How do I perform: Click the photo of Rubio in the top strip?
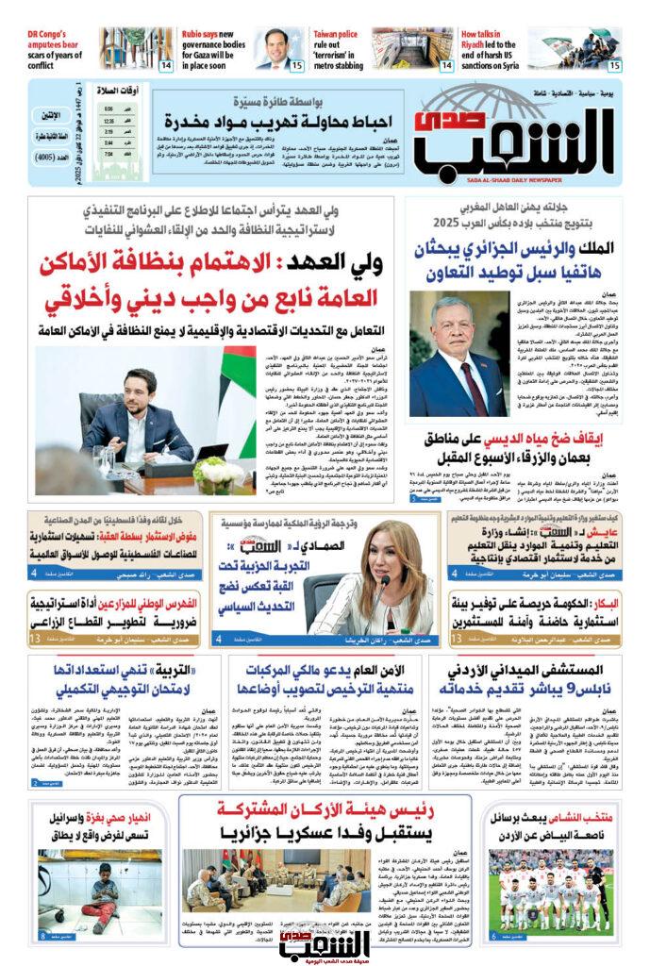279,50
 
